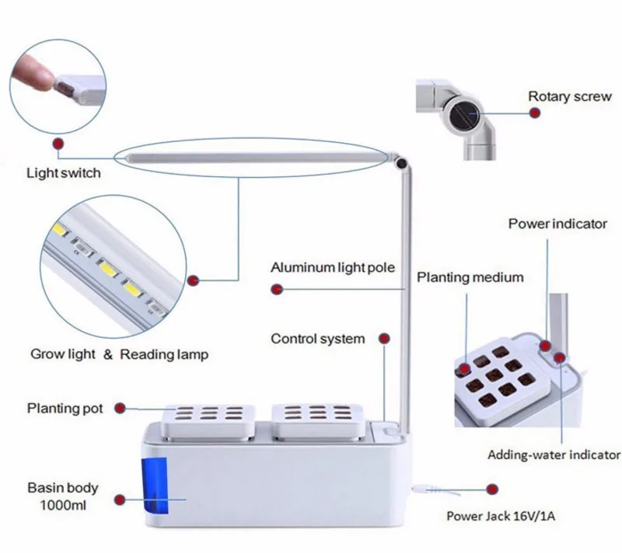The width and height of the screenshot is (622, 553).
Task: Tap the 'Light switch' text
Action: [x=64, y=172]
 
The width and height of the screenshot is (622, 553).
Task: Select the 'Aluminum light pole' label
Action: [x=333, y=268]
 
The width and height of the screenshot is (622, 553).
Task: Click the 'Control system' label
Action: [x=317, y=339]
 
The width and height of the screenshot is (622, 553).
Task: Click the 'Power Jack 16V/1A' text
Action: [x=507, y=515]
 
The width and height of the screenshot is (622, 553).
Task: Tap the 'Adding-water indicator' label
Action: [x=554, y=454]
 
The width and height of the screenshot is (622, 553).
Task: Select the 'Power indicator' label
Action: [x=557, y=224]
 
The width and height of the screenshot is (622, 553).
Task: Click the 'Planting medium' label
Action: [x=470, y=277]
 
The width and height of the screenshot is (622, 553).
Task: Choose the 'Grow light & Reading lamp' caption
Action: [x=120, y=354]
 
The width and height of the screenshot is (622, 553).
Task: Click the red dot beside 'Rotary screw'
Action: [x=535, y=113]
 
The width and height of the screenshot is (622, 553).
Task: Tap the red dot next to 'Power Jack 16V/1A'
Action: [x=491, y=490]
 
